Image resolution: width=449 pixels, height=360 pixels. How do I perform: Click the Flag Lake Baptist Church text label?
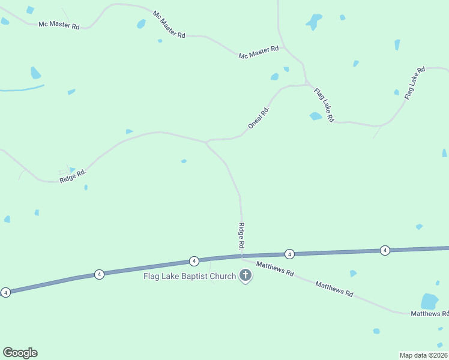(x=190, y=277)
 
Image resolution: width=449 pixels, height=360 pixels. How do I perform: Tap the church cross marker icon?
(x=245, y=275)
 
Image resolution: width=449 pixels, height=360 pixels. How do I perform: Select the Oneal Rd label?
(x=259, y=116)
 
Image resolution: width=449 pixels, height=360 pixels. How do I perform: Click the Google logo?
(x=20, y=353)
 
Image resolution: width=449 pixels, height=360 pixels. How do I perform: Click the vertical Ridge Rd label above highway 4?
(x=241, y=236)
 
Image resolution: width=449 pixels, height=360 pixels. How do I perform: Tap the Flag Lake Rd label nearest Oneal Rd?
(x=324, y=105)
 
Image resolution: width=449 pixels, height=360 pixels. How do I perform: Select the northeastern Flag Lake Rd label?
(x=414, y=83)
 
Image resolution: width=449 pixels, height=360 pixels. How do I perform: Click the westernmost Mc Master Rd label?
(x=59, y=25)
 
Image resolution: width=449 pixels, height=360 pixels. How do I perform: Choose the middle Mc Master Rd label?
(x=169, y=25)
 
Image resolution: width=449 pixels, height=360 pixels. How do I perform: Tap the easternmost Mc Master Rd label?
(x=259, y=52)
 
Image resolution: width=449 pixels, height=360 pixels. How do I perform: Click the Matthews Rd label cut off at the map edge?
(x=429, y=313)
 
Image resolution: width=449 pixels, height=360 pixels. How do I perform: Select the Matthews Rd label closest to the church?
(x=275, y=268)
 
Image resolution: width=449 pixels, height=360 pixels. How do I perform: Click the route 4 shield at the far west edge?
(x=5, y=292)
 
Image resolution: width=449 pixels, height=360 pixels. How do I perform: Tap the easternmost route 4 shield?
(x=385, y=250)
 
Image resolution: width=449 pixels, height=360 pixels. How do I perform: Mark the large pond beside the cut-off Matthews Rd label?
(x=430, y=301)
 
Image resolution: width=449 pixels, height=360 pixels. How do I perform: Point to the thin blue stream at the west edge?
(x=22, y=89)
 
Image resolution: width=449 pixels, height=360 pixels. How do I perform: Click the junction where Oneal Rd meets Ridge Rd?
(x=206, y=142)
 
